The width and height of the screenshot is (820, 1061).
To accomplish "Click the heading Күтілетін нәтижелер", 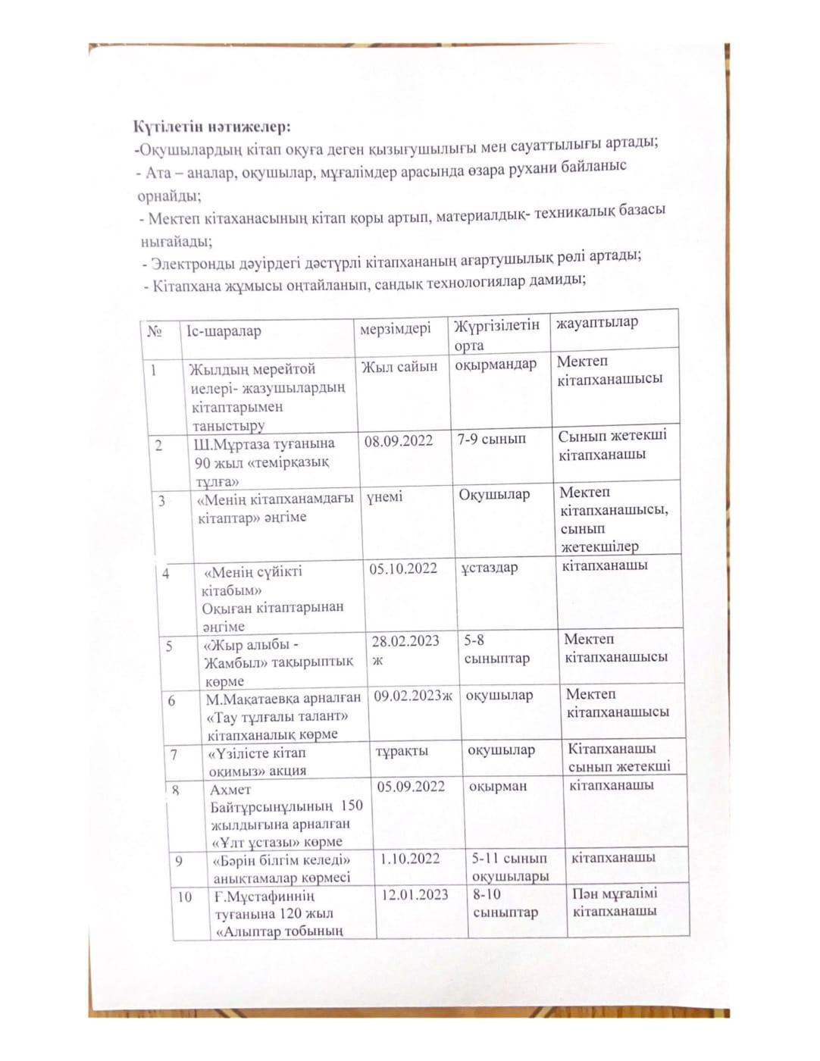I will click(211, 125).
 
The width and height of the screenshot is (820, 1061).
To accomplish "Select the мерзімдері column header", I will click(395, 328).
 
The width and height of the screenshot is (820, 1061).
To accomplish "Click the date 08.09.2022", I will click(398, 441).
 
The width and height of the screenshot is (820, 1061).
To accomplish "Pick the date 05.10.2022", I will click(403, 568).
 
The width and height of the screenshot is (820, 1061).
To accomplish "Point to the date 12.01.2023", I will click(415, 895).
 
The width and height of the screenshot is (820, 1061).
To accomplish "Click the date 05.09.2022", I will click(411, 786).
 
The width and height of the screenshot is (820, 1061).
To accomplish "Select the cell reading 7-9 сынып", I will click(491, 439).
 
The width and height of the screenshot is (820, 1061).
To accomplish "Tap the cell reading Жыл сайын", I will click(399, 367).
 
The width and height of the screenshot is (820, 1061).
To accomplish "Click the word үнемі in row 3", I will click(385, 496).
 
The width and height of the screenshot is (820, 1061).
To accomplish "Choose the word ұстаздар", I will click(489, 567).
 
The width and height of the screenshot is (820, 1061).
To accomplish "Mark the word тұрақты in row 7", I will click(402, 751).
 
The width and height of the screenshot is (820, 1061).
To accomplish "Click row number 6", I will click(171, 700).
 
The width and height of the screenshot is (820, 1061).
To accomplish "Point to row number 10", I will click(184, 897).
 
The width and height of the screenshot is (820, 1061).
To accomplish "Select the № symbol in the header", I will click(155, 332).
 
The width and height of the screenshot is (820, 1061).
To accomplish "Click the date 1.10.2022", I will click(410, 859).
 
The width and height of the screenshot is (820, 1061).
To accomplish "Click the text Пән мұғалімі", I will click(615, 893).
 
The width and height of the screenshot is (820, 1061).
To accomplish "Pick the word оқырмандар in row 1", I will click(496, 364).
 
